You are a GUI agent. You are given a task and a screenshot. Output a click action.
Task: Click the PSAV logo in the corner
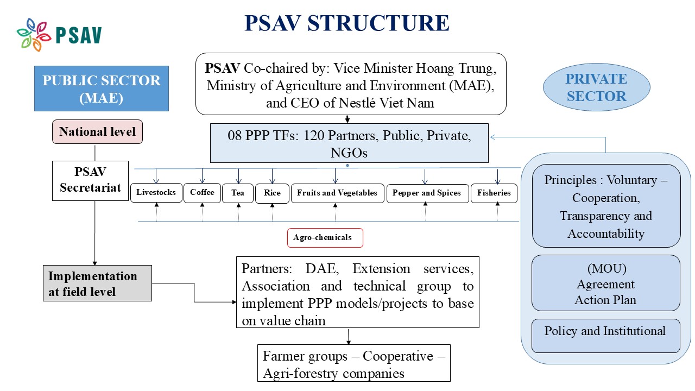click(x=59, y=35)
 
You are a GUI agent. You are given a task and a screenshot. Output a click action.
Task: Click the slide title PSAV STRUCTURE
click(x=347, y=23)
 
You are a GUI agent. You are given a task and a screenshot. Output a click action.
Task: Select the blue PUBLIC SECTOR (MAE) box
click(x=102, y=89)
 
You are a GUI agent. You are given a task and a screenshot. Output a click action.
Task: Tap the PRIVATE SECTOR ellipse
click(x=596, y=87)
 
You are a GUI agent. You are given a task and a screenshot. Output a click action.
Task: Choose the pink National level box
click(x=97, y=132)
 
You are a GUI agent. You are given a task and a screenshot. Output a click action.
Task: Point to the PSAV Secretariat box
click(x=91, y=180)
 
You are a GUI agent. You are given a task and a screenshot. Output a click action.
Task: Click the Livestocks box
click(x=156, y=193)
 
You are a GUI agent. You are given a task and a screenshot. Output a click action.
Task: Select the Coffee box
click(x=202, y=193)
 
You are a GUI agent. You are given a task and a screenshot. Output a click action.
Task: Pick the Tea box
click(x=238, y=193)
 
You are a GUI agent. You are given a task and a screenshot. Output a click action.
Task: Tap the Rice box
click(x=272, y=193)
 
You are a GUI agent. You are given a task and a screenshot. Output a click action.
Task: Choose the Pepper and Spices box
click(x=427, y=193)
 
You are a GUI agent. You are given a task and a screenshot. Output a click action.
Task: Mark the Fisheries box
click(x=494, y=193)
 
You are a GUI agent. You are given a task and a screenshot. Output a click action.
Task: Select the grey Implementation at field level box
click(x=97, y=283)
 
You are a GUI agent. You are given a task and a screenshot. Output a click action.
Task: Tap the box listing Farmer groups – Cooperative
click(x=354, y=364)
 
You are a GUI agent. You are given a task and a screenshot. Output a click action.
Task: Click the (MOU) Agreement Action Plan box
click(x=606, y=283)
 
